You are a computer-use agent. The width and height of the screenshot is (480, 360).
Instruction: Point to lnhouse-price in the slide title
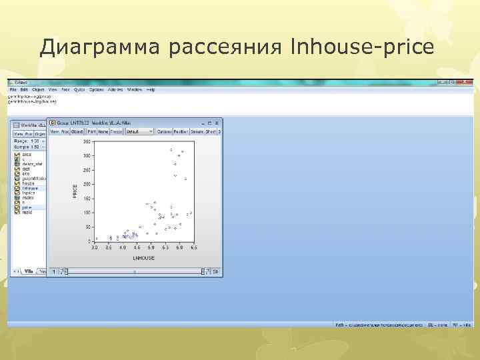pyautogui.click(x=363, y=47)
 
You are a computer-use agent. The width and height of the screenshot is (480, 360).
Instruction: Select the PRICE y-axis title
pyautogui.click(x=75, y=191)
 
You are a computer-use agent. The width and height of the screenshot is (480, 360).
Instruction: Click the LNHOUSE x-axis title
pyautogui.click(x=143, y=257)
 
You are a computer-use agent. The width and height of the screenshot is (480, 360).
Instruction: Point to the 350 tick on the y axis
pyautogui.click(x=87, y=141)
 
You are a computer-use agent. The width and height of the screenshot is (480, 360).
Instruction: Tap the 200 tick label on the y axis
pyautogui.click(x=87, y=184)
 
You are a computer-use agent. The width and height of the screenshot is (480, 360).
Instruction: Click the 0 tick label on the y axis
pyautogui.click(x=89, y=241)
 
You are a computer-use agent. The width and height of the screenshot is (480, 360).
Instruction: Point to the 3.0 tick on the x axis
pyautogui.click(x=95, y=247)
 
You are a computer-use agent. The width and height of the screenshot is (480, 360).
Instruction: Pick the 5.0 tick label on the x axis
pyautogui.click(x=151, y=247)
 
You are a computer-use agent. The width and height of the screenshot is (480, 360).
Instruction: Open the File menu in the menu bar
pyautogui.click(x=13, y=89)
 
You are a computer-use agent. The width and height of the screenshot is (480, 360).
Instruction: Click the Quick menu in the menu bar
pyautogui.click(x=79, y=89)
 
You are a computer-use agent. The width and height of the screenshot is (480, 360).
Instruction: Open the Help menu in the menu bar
pyautogui.click(x=151, y=89)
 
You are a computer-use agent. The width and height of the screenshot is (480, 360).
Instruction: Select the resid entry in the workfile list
pyautogui.click(x=26, y=212)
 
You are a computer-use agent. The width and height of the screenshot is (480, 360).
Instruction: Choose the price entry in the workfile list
pyautogui.click(x=26, y=207)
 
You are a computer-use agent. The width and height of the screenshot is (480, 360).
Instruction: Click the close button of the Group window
pyautogui.click(x=217, y=123)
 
